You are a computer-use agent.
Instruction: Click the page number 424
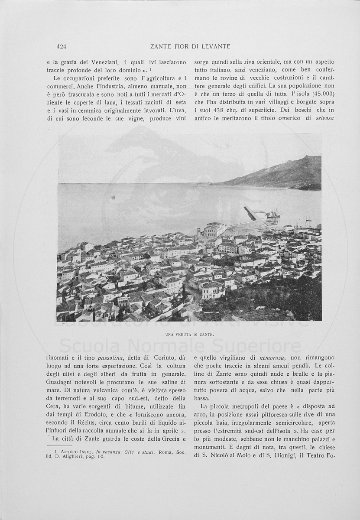tap(61, 46)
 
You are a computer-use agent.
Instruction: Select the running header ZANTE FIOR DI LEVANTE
tap(190, 46)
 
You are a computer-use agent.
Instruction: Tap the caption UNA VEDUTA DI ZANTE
tap(190, 334)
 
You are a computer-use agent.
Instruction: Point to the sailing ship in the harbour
tap(273, 213)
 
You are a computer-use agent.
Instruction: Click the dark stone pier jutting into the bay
tap(250, 213)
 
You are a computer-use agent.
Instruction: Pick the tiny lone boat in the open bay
tap(114, 197)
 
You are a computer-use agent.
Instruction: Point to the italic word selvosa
tap(325, 118)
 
